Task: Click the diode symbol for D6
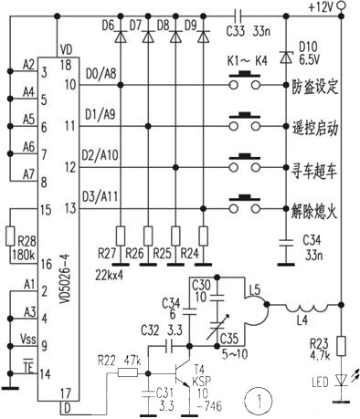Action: [x=121, y=37]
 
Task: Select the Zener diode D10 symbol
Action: [x=286, y=58]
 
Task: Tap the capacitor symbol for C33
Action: [x=238, y=15]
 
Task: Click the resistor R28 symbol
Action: [x=10, y=236]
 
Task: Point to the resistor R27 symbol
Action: [x=121, y=236]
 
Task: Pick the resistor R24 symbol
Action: [x=203, y=236]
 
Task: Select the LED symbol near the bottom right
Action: [x=342, y=380]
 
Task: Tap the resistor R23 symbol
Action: [x=342, y=346]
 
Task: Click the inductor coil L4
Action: [x=307, y=308]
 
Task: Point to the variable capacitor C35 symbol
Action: [x=217, y=326]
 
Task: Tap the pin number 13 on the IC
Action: [x=70, y=209]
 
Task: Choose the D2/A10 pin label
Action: [x=100, y=155]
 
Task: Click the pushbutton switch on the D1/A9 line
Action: [x=245, y=122]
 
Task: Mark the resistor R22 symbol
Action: [x=128, y=372]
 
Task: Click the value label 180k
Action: [x=24, y=255]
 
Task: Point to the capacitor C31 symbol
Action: [x=149, y=393]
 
